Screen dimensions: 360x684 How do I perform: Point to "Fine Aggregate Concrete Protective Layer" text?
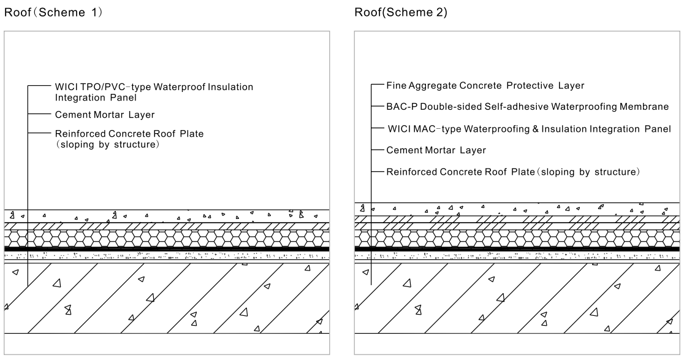(485, 85)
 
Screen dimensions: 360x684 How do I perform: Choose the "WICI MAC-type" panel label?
(530, 128)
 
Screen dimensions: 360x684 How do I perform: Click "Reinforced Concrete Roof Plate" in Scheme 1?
(129, 132)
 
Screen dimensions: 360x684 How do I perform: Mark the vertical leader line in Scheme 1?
(28, 184)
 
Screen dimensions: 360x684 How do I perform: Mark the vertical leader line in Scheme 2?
(371, 184)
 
